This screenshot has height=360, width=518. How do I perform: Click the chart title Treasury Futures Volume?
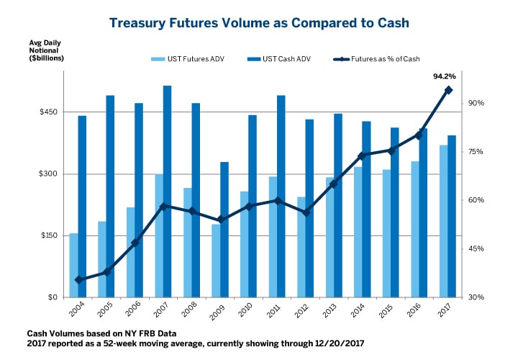pos(259,23)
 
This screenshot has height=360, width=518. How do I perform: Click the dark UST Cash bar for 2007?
pos(167,191)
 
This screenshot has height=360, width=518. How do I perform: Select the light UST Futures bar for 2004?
pos(73,265)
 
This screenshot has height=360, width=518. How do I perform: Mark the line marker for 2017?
pos(448,90)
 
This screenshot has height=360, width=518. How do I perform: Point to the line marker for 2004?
pos(78,279)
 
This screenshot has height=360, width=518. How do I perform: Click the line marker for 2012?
pos(306,212)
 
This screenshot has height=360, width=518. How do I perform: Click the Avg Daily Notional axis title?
pos(45,51)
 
